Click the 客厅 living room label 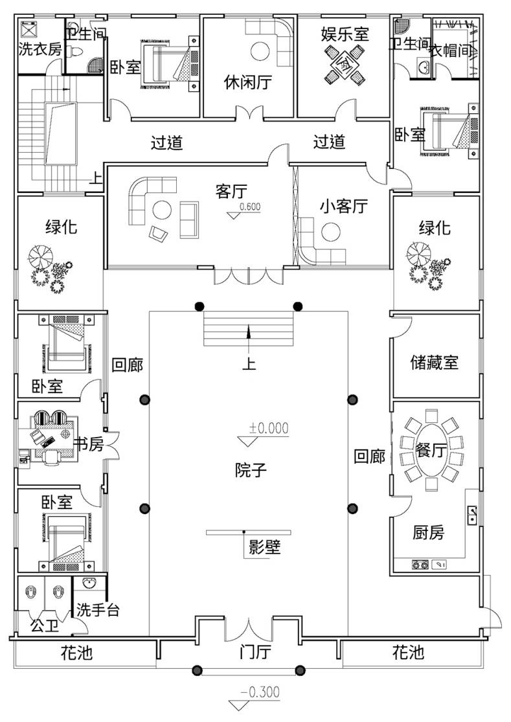[x=231, y=190]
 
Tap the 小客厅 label [x=344, y=206]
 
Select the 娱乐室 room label [x=345, y=34]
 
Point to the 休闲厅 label [x=247, y=82]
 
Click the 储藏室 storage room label [x=434, y=363]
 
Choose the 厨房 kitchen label [x=428, y=533]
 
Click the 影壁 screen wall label [x=264, y=547]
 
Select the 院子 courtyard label [x=251, y=470]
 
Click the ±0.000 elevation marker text [x=269, y=428]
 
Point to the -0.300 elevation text [x=260, y=692]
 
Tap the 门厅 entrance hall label [x=255, y=652]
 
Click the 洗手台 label [x=98, y=610]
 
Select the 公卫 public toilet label [x=45, y=626]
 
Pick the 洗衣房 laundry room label [x=40, y=49]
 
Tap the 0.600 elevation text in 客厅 [x=250, y=207]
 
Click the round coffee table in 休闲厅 [x=260, y=51]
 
